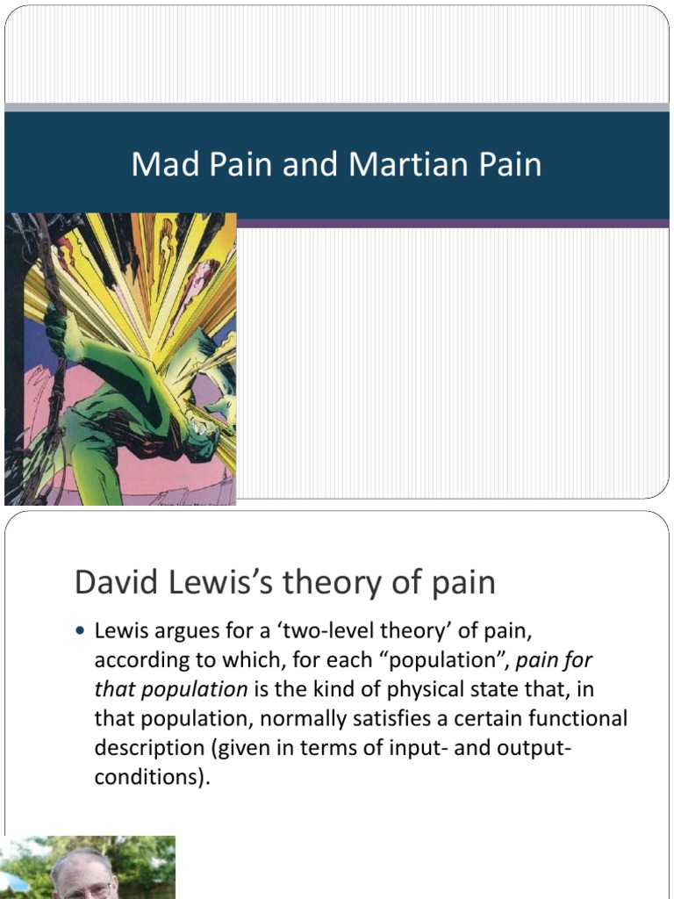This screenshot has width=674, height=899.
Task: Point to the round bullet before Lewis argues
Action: [82, 630]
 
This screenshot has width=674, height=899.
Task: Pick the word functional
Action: [574, 719]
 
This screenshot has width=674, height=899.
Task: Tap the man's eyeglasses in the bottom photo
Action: [87, 888]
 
